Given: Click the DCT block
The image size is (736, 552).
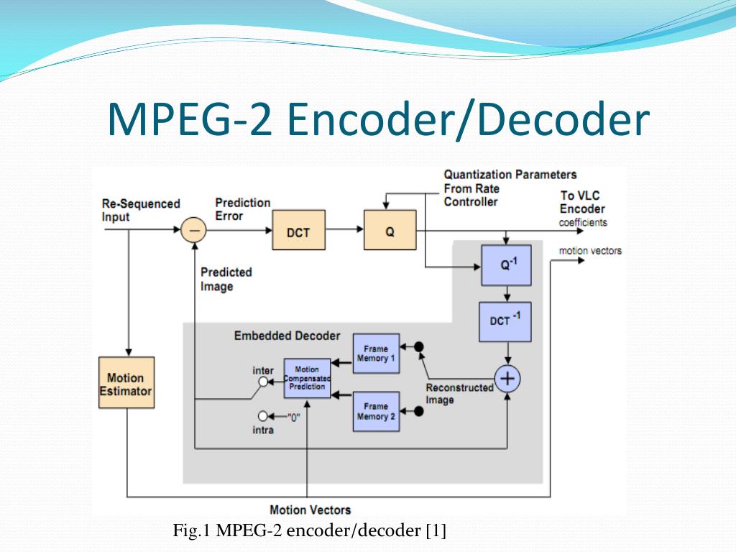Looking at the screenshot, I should click(298, 230).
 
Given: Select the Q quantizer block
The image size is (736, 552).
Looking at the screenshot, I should click(390, 230).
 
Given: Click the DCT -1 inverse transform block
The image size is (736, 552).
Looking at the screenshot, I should click(505, 321).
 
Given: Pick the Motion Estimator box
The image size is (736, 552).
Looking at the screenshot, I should click(126, 383).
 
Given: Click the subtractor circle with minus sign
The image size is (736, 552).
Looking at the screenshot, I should click(193, 230).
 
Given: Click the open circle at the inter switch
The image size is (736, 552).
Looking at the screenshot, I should click(263, 382).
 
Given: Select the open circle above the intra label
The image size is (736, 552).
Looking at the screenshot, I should click(263, 416).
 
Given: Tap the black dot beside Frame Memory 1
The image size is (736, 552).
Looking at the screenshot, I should click(419, 346).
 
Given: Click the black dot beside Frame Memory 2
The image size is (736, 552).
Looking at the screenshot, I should click(419, 411).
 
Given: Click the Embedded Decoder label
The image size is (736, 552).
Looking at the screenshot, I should click(287, 336).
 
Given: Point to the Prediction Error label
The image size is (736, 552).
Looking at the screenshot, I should click(242, 209).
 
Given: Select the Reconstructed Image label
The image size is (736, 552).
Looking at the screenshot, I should click(459, 393).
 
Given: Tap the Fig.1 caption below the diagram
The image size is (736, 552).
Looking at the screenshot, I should click(310, 531).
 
